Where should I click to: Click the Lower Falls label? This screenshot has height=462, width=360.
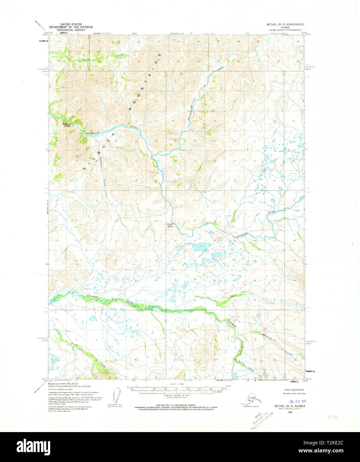coord(66,125)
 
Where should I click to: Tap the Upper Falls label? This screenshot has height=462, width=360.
coord(170,225)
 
